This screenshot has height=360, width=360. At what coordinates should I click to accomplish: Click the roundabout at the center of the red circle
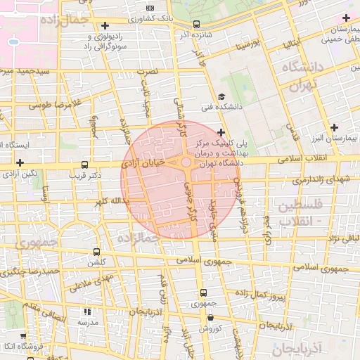(x=186, y=162)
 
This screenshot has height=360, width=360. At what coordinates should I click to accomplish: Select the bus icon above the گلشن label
(x=96, y=251)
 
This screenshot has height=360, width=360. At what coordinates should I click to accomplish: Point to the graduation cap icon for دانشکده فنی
(x=221, y=97)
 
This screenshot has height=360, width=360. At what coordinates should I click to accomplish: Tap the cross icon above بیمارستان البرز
(x=334, y=127)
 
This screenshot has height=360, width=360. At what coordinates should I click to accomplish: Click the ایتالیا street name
(x=291, y=44)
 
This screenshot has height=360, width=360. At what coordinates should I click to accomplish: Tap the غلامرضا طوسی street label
(x=56, y=104)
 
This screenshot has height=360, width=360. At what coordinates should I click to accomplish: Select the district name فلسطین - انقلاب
(x=300, y=212)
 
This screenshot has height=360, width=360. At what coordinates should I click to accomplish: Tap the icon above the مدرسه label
(x=87, y=311)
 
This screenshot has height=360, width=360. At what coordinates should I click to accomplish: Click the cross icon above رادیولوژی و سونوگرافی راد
(x=105, y=26)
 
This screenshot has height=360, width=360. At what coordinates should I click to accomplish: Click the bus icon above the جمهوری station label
(x=203, y=292)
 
